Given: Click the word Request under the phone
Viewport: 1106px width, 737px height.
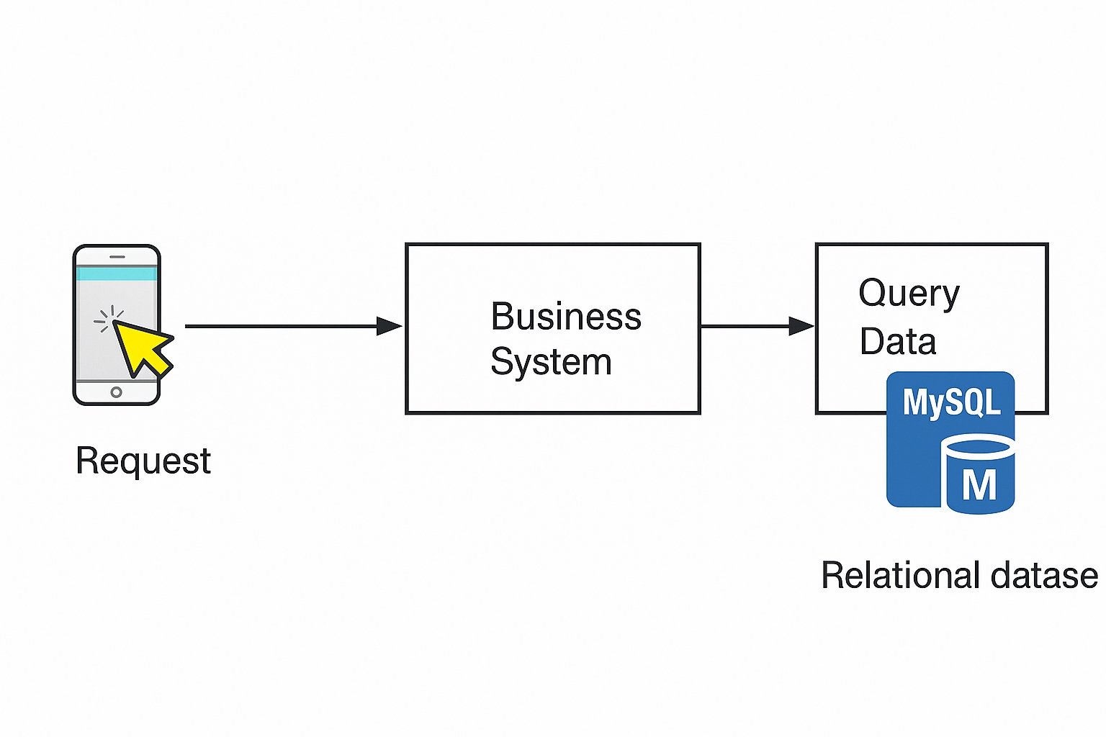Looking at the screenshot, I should point(143,461).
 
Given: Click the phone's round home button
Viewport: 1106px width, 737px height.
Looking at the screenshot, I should point(116,392).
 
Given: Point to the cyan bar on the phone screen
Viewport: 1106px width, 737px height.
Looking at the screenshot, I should point(116,273).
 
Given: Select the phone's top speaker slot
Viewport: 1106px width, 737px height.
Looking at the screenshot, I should point(117,257).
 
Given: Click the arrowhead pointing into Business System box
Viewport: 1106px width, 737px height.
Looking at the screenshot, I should point(390,326).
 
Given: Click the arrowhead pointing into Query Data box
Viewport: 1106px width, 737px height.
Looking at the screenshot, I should point(801,326).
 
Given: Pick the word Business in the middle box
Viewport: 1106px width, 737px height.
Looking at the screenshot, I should point(566,317).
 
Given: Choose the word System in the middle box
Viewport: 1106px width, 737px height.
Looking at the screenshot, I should point(551,361).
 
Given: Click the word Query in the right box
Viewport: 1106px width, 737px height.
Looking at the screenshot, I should point(909,294).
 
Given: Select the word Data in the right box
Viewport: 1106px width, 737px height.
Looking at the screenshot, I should point(897,341).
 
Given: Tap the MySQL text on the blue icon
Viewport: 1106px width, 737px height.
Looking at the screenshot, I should point(951,402).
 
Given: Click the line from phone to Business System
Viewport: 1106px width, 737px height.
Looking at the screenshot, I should point(281,326).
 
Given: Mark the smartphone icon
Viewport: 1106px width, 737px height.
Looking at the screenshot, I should point(117,325).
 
